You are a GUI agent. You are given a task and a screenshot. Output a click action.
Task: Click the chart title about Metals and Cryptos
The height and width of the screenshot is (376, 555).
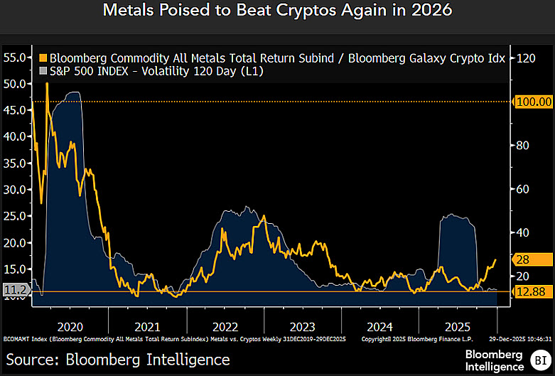[277, 11]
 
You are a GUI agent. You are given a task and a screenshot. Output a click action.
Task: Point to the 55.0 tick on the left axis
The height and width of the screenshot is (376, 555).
[16, 57]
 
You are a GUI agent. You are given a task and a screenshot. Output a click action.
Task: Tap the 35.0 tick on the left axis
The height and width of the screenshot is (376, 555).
[16, 163]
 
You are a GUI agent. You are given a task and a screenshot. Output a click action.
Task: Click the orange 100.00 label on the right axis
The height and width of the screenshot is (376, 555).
[532, 102]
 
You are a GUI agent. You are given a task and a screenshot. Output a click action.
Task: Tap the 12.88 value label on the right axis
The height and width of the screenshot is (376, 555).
[530, 291]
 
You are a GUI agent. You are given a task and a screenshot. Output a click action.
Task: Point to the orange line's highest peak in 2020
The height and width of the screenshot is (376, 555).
[47, 84]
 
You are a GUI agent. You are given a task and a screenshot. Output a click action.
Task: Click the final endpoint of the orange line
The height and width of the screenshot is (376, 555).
[495, 260]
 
